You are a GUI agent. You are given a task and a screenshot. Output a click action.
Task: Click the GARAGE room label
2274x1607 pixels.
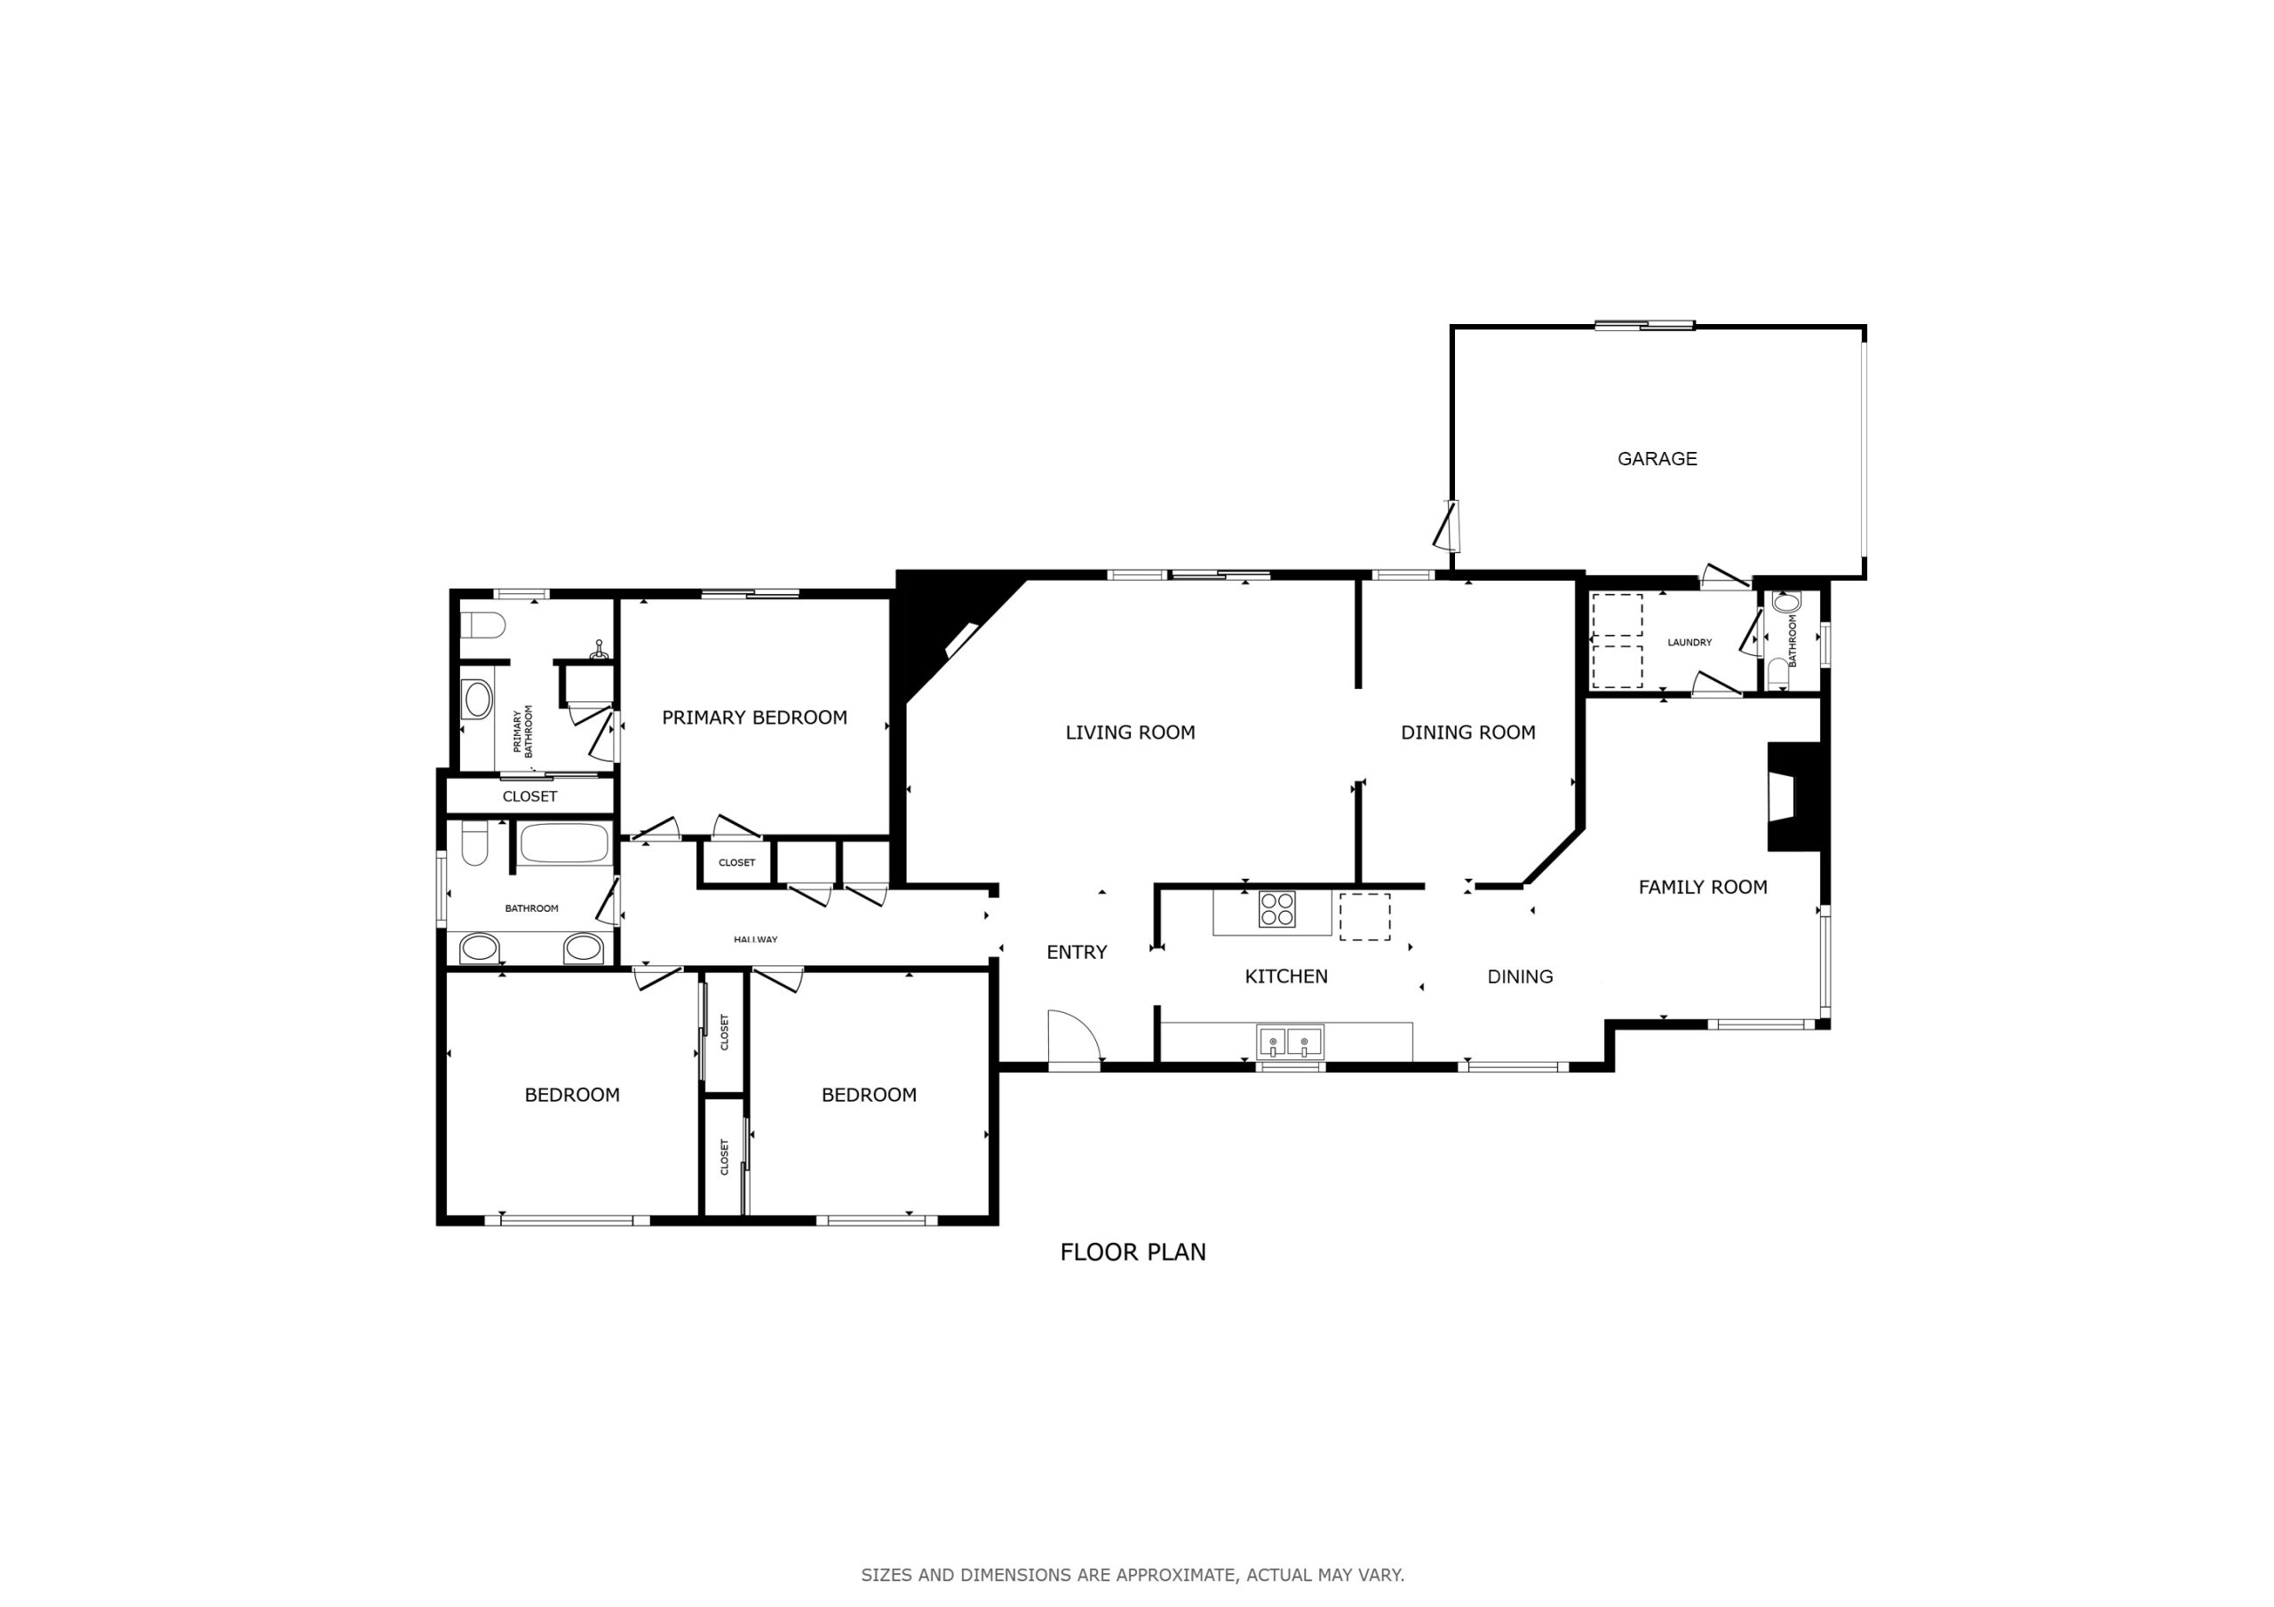coord(1657,458)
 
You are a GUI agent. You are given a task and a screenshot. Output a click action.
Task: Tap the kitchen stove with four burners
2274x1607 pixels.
coord(1276,909)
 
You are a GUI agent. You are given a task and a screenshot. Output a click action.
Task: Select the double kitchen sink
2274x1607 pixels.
coord(1290,1041)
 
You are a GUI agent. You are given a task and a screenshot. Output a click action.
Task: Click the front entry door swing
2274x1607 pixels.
coord(1074,1036)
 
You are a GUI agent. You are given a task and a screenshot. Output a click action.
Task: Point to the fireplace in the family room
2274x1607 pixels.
coord(1794,796)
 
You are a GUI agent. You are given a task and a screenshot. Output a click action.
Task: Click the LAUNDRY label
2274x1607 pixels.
coord(1690,643)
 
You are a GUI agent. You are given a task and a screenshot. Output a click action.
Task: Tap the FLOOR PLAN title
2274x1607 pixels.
coord(1133,1253)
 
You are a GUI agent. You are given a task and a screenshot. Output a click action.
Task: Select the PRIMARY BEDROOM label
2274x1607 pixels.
coord(755,718)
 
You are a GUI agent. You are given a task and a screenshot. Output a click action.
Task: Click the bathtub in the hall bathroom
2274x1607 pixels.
coord(565,843)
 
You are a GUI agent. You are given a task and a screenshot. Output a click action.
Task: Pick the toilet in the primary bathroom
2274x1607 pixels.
coord(483,626)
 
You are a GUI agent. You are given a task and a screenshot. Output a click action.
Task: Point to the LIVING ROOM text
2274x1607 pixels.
coord(1130,732)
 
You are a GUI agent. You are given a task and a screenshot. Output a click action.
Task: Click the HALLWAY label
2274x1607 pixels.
coord(756,939)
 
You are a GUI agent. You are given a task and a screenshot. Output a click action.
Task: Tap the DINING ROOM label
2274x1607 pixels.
coord(1467,732)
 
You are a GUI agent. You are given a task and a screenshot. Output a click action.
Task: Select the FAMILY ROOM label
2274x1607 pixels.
coord(1703,887)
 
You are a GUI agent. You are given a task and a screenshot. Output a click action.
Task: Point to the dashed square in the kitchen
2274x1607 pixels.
coord(1364,917)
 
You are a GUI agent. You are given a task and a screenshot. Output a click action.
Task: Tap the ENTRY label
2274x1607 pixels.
coord(1077,953)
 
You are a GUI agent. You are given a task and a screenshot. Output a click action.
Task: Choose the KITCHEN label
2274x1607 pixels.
coord(1286,977)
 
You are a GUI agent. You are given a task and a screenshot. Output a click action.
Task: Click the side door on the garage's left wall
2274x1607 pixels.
coord(1448,526)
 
